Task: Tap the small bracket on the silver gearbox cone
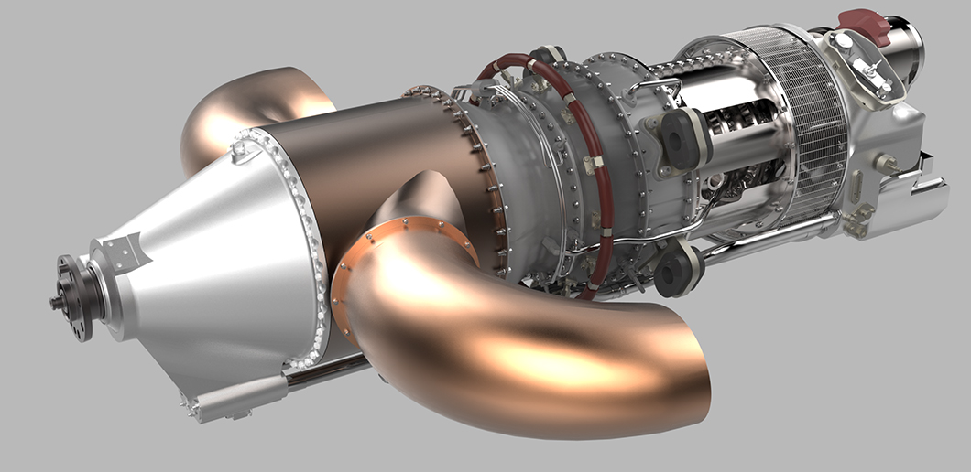(123, 250)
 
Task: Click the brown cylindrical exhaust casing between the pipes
(385, 156)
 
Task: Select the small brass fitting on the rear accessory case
(886, 165)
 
